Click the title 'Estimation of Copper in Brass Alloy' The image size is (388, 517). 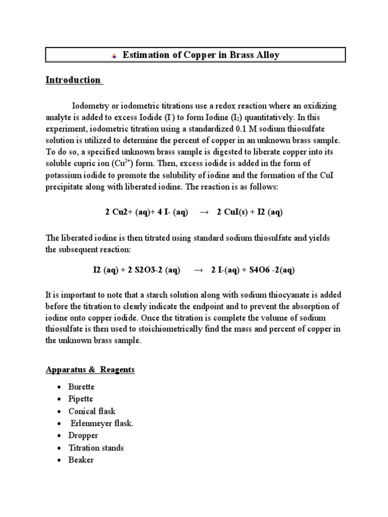coord(201,55)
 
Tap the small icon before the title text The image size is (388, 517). coord(114,56)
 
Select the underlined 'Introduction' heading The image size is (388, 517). coord(73,80)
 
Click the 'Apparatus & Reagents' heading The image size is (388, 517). coord(90,370)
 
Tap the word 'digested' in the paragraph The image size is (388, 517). coord(207,151)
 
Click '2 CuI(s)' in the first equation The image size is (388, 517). coord(233,213)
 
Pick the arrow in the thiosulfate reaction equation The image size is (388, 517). coord(198,270)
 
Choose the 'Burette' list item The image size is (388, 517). coord(81,387)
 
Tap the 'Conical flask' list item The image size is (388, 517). coord(92,411)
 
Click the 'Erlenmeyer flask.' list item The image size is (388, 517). coord(102,423)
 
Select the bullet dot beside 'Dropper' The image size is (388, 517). coord(59,436)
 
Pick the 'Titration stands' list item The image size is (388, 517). coord(96,448)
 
